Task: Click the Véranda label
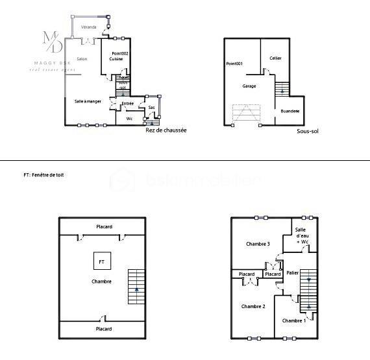89,27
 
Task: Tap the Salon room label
82,59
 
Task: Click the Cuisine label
116,59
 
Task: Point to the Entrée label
128,104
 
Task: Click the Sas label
151,108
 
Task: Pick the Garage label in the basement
249,86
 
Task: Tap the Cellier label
275,58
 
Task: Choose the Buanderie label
290,112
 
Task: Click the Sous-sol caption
307,131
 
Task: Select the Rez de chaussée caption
166,130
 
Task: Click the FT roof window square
101,261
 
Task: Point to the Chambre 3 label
258,244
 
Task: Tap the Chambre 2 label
253,306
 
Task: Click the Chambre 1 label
294,320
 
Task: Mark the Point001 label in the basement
234,64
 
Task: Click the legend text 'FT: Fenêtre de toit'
43,175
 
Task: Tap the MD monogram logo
53,42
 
